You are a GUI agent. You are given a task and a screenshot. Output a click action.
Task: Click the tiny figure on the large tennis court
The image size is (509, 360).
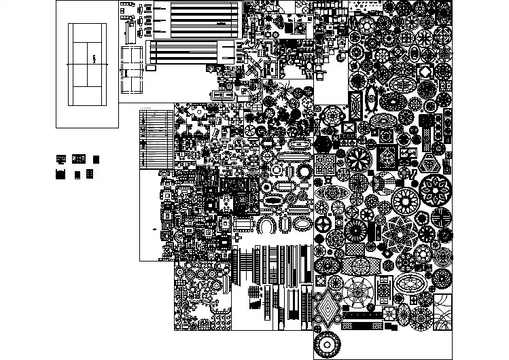tap(94, 59)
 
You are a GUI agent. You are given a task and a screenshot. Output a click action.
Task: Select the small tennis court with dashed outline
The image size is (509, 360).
tap(131, 70)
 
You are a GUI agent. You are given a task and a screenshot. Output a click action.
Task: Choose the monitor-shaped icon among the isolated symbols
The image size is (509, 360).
tap(61, 159)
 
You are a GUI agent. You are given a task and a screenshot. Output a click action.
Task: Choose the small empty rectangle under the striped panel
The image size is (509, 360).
tap(153, 68)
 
